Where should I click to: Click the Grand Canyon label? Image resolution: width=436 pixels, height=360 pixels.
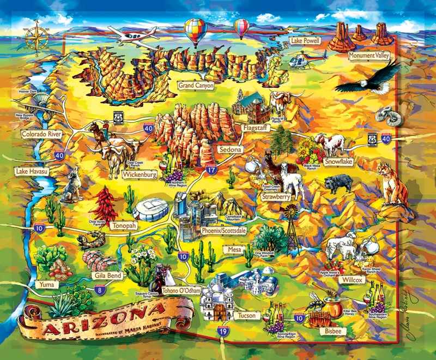196,86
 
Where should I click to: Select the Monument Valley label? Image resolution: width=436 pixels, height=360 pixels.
370,55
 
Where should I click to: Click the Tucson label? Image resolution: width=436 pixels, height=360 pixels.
247,315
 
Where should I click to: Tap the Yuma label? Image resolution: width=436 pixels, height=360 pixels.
45,284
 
